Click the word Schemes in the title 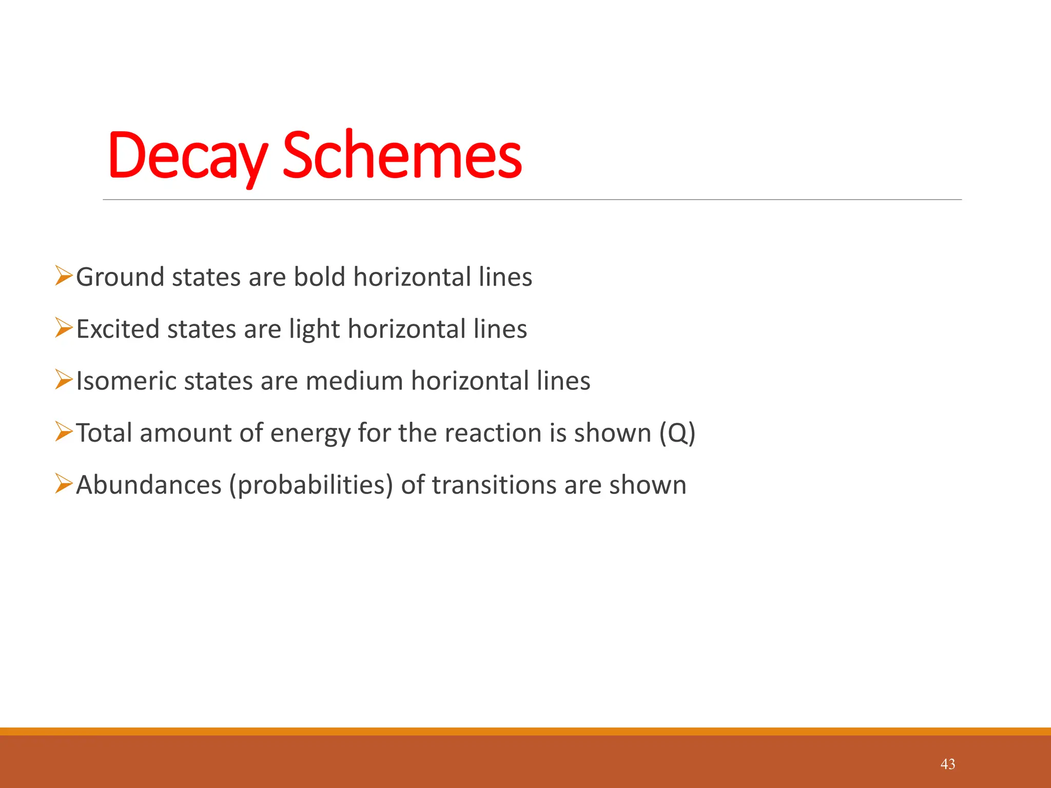point(402,156)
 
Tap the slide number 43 point(947,764)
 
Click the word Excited point(118,329)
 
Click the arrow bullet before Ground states point(64,276)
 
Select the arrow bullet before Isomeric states point(64,380)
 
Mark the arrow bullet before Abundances point(64,484)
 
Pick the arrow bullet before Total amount point(64,432)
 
